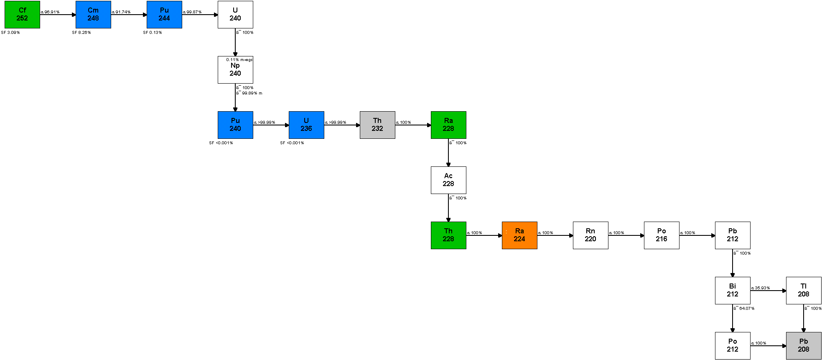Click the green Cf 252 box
click(x=22, y=15)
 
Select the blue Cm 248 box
click(x=93, y=15)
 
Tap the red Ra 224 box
click(x=519, y=235)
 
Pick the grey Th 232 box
click(x=377, y=125)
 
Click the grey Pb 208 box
click(x=804, y=346)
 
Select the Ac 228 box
click(x=448, y=180)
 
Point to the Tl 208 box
click(x=804, y=291)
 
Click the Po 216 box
click(x=662, y=235)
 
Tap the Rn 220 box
click(x=590, y=235)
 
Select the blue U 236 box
click(x=306, y=125)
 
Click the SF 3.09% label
click(x=10, y=33)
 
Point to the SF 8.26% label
click(x=81, y=33)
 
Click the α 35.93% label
click(x=761, y=288)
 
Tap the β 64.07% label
click(x=744, y=309)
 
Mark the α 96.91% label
click(x=50, y=12)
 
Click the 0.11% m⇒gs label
click(x=239, y=60)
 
